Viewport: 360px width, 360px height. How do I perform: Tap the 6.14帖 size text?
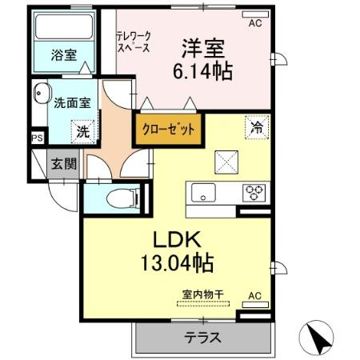[202, 72]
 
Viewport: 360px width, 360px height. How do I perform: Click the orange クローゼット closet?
[168, 129]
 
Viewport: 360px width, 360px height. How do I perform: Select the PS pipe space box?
[36, 138]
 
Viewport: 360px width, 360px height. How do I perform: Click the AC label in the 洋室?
[254, 24]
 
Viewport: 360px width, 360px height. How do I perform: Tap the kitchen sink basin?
[202, 192]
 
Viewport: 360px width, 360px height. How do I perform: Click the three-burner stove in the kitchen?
[255, 192]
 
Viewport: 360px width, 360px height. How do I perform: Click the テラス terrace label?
[203, 338]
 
